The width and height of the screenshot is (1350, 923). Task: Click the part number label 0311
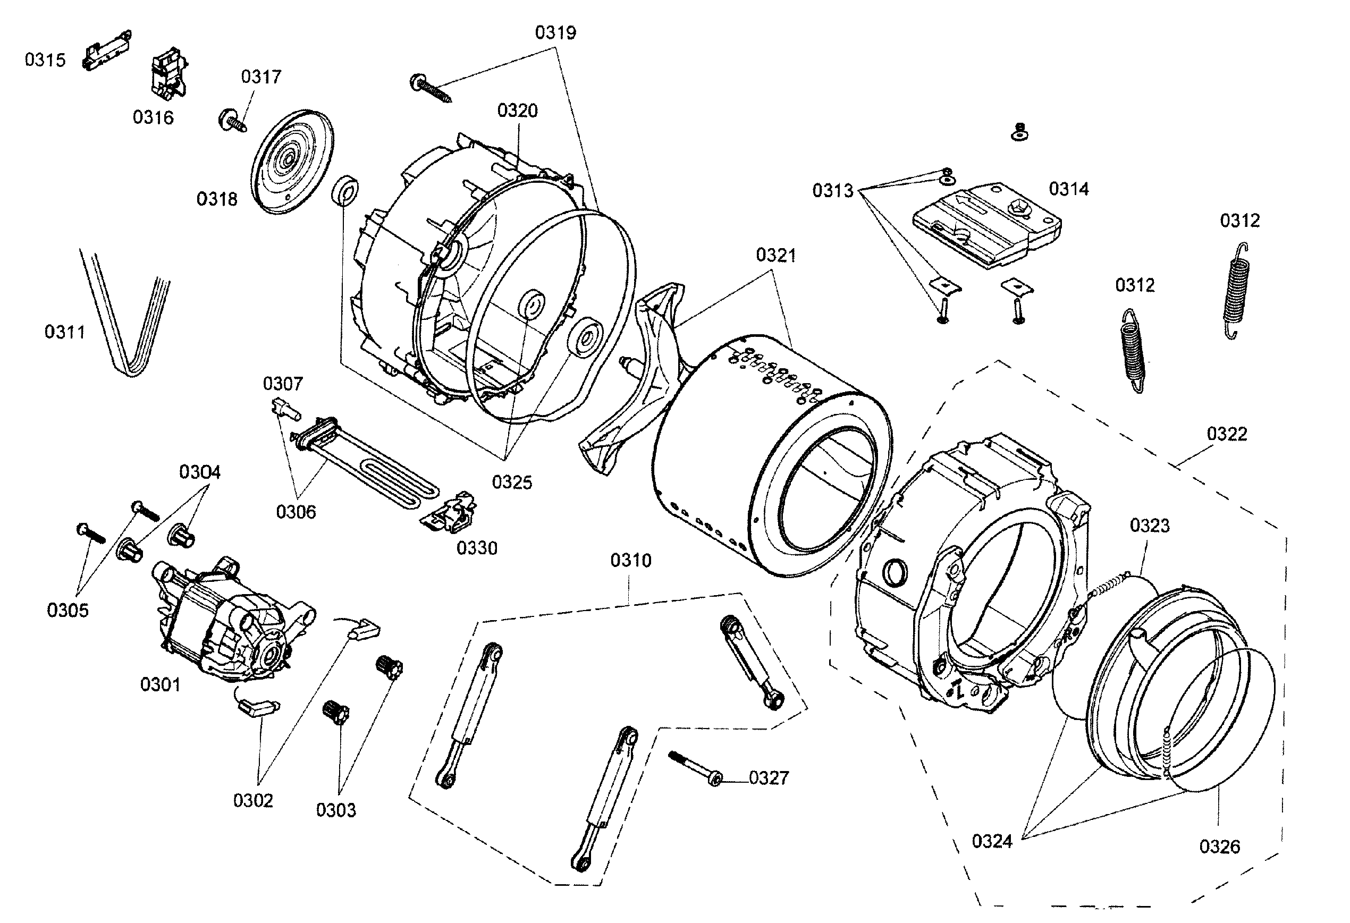click(64, 332)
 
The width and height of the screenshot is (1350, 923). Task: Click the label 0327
click(769, 778)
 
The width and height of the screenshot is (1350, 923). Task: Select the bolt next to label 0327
click(694, 767)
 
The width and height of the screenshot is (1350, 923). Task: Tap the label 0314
click(1068, 189)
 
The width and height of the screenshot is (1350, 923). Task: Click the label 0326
click(1219, 846)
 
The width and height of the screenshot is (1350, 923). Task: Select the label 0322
click(1227, 434)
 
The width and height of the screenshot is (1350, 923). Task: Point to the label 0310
click(630, 561)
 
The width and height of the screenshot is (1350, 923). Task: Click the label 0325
click(512, 482)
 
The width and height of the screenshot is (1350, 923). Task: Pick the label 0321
click(775, 255)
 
